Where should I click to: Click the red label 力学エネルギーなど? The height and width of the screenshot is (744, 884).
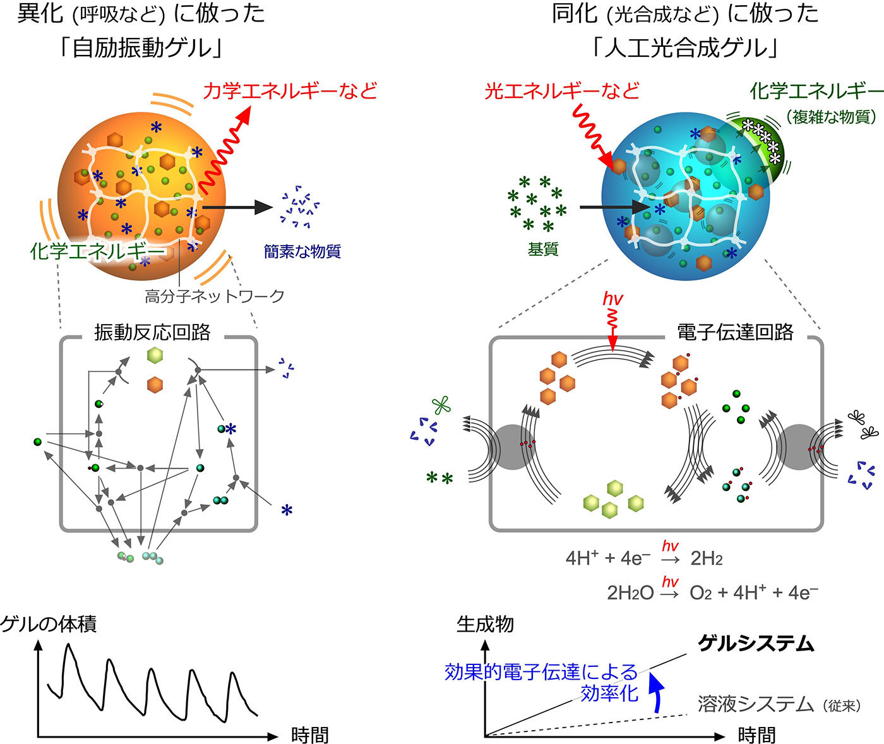(290, 90)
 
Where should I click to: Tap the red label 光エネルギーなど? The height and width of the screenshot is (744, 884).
(562, 90)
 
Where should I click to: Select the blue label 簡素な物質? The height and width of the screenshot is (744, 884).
(302, 251)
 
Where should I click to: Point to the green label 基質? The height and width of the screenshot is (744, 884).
(543, 249)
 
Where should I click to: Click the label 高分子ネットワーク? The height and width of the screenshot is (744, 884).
(214, 296)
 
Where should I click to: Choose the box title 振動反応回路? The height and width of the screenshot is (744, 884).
(152, 332)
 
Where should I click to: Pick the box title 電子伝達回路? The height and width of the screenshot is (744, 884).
(735, 332)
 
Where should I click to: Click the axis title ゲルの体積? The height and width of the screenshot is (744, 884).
(49, 624)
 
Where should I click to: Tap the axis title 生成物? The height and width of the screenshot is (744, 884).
(485, 624)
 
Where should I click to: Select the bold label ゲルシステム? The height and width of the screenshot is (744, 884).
(756, 644)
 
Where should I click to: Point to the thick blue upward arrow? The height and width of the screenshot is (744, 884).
(656, 692)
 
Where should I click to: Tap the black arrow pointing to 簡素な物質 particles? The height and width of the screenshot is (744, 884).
(237, 207)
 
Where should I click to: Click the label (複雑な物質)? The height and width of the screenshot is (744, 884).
(832, 116)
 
